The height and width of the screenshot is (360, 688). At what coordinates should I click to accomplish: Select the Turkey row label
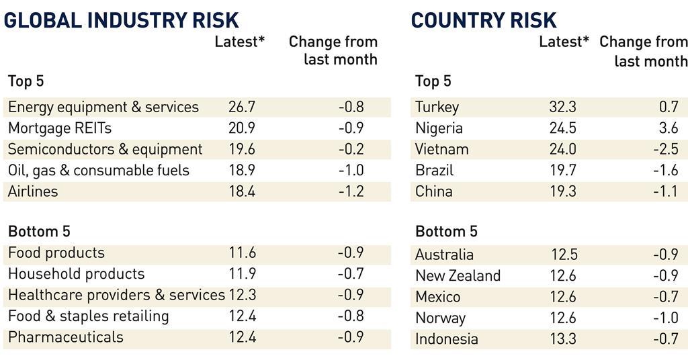(437, 107)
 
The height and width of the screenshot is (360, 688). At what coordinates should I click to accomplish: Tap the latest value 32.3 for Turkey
(562, 107)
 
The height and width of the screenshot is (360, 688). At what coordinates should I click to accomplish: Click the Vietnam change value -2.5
(665, 149)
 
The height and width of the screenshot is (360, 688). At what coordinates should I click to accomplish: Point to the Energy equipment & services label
(103, 107)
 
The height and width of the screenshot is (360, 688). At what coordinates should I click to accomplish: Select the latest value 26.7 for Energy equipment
(242, 107)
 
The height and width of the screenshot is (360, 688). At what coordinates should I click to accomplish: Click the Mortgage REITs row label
(60, 128)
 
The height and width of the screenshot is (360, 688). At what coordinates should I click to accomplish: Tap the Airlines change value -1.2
(350, 191)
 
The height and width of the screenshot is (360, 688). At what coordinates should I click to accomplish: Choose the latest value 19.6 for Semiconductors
(242, 149)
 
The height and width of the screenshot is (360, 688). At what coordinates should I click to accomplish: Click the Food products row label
(56, 253)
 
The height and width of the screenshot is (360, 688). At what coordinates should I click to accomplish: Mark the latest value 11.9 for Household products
(242, 274)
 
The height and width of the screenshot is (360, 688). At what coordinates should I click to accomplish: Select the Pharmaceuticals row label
(66, 336)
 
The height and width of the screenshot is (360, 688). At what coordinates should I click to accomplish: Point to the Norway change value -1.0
(665, 318)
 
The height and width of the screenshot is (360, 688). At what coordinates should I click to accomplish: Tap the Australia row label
(444, 255)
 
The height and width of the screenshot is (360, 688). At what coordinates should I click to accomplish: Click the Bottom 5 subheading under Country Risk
(446, 232)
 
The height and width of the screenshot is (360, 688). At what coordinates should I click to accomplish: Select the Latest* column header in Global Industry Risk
(240, 42)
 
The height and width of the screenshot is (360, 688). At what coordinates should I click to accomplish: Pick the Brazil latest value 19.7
(562, 170)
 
